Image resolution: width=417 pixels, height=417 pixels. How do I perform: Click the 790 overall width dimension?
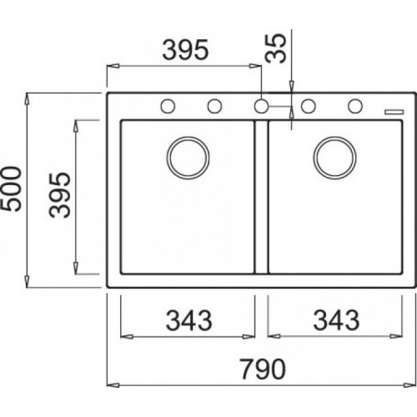[264, 368]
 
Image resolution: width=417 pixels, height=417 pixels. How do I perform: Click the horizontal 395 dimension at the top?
[184, 51]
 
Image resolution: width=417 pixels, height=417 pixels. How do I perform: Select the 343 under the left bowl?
[188, 319]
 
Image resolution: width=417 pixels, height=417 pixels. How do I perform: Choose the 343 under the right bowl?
[338, 319]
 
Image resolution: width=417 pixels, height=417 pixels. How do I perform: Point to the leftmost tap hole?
[167, 106]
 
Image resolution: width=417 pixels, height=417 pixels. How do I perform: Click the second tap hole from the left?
[214, 106]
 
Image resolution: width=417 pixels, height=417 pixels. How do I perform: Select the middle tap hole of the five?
[262, 106]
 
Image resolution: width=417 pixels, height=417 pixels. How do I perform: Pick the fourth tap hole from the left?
[309, 106]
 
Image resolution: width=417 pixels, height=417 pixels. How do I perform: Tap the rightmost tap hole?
[355, 106]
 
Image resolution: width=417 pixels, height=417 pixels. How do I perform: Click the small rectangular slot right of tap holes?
[390, 108]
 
